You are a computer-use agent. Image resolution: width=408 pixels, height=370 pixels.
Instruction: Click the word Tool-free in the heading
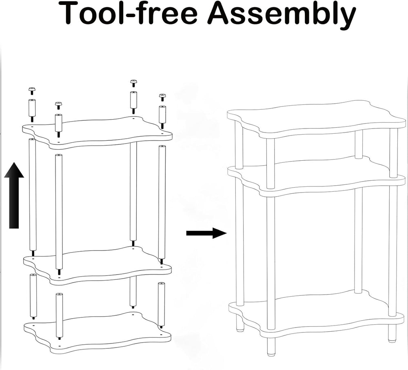[x=130, y=13]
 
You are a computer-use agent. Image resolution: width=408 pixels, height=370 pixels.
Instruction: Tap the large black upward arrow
[x=14, y=195]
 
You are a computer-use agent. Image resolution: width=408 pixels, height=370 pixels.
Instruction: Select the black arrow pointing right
[x=206, y=233]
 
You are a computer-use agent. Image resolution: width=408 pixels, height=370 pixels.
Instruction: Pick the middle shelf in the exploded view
[x=98, y=266]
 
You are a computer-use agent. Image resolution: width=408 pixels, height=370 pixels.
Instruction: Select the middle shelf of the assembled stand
[x=317, y=176]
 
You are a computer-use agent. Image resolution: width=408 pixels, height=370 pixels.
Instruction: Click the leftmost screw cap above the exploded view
[x=32, y=91]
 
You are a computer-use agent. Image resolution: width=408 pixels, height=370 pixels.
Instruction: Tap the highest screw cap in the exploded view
[x=133, y=84]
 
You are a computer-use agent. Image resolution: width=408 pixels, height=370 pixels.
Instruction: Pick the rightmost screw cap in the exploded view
[x=162, y=97]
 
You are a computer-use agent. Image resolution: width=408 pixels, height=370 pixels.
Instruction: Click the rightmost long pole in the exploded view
[x=162, y=204]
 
